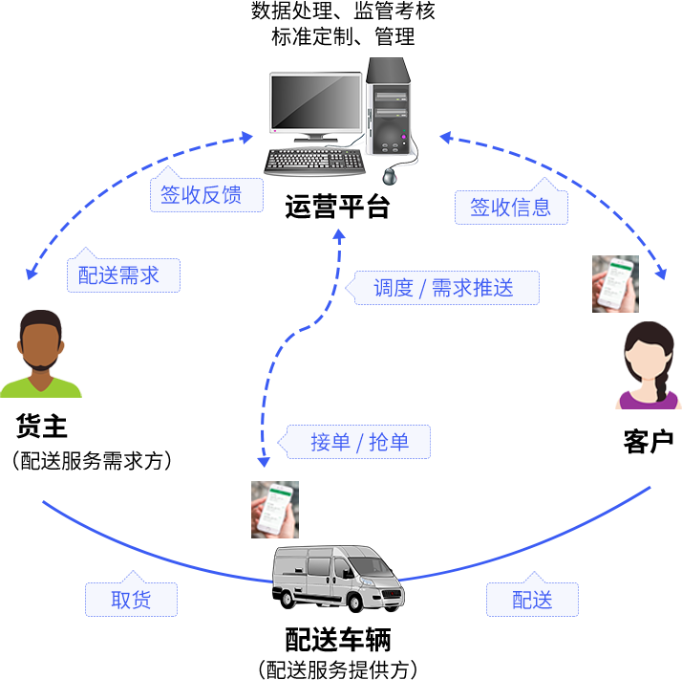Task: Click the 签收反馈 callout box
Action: [206, 194]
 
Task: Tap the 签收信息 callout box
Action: [511, 207]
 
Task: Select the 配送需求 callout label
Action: [123, 274]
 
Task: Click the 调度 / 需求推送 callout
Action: [443, 288]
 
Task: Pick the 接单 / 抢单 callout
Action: [354, 442]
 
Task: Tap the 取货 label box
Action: [131, 600]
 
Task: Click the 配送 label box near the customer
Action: [532, 600]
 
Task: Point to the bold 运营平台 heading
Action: [337, 207]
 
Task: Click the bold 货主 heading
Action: [42, 426]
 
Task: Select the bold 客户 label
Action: [648, 441]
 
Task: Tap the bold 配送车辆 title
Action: [338, 640]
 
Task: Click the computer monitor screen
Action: [316, 102]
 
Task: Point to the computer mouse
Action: [390, 176]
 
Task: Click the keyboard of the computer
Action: [314, 162]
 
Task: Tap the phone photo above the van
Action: [275, 509]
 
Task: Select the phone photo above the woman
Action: [615, 284]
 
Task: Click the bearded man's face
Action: [41, 346]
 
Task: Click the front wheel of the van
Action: [355, 603]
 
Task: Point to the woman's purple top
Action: [648, 400]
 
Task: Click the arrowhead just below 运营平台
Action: [339, 235]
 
